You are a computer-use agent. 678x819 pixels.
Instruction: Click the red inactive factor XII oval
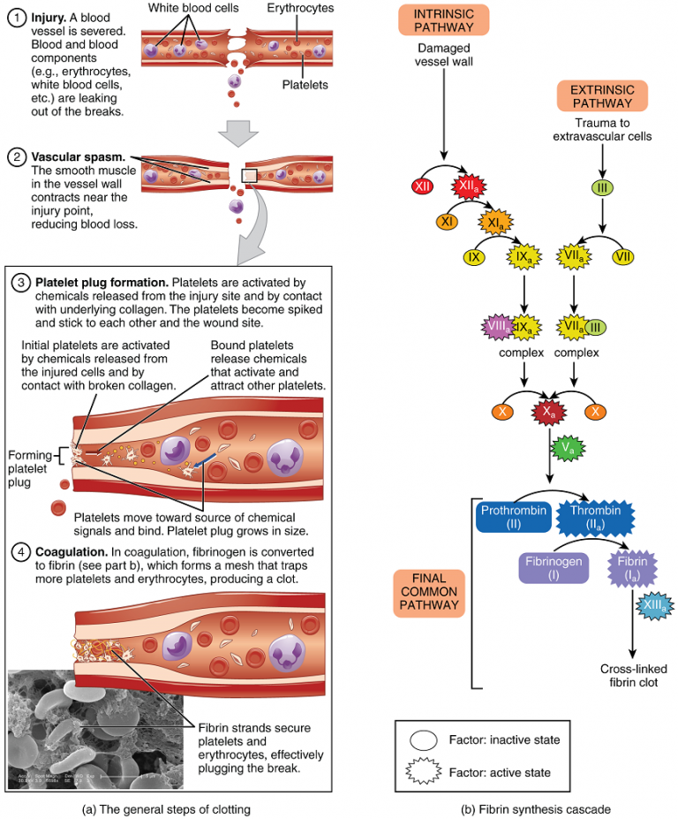pyautogui.click(x=422, y=186)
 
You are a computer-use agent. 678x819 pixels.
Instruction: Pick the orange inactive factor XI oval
pyautogui.click(x=447, y=222)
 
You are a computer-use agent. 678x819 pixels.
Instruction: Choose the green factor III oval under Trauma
pyautogui.click(x=601, y=187)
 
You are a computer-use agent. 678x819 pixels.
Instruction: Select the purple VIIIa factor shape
pyautogui.click(x=499, y=329)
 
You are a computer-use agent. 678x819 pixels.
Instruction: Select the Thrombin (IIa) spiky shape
pyautogui.click(x=596, y=518)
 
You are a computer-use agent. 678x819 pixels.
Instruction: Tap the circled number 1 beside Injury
pyautogui.click(x=16, y=17)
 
